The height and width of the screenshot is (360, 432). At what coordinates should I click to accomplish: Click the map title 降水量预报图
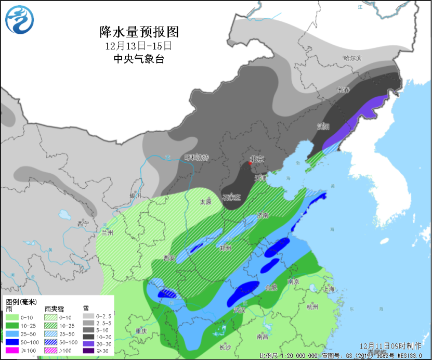[x=139, y=32]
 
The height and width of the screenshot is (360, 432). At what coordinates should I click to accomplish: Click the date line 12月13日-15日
[x=138, y=46]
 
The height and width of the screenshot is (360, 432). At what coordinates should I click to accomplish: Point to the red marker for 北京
[x=250, y=163]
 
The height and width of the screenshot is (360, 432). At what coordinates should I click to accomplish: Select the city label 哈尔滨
[x=352, y=58]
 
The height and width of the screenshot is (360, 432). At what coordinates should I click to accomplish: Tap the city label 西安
[x=169, y=258]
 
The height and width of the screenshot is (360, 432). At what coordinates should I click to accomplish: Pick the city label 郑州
[x=225, y=248]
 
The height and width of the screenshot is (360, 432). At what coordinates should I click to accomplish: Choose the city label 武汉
[x=239, y=310]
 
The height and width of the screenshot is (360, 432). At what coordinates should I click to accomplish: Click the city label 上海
[x=328, y=289]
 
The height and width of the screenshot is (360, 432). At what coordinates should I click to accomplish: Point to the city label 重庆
[x=141, y=331]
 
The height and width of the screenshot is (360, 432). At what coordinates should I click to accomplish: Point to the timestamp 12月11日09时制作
[x=390, y=345]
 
